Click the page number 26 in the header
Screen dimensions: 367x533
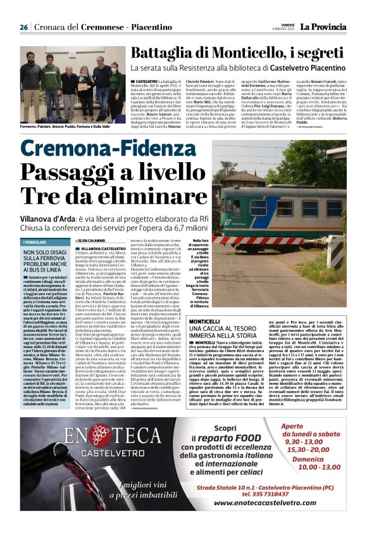[x=23, y=27]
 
